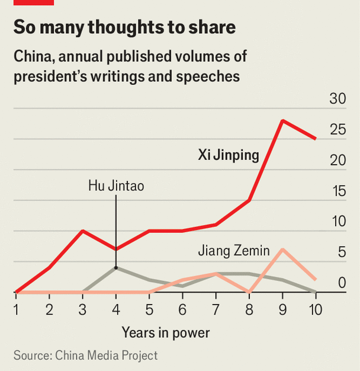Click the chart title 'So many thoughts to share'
point(124,28)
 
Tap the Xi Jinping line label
point(229,156)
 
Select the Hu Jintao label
point(116,185)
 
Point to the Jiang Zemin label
point(234,251)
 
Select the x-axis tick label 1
point(16,309)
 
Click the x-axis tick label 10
point(315,309)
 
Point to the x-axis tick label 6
point(182,309)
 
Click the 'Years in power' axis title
point(166,332)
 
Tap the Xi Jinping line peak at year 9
point(283,120)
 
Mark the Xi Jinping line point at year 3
point(83,231)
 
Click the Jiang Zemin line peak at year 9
point(283,250)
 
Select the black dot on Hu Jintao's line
point(116,268)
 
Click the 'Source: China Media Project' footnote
point(86,356)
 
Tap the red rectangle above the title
point(34,2)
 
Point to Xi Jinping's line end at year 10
point(315,139)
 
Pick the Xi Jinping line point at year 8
point(249,200)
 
